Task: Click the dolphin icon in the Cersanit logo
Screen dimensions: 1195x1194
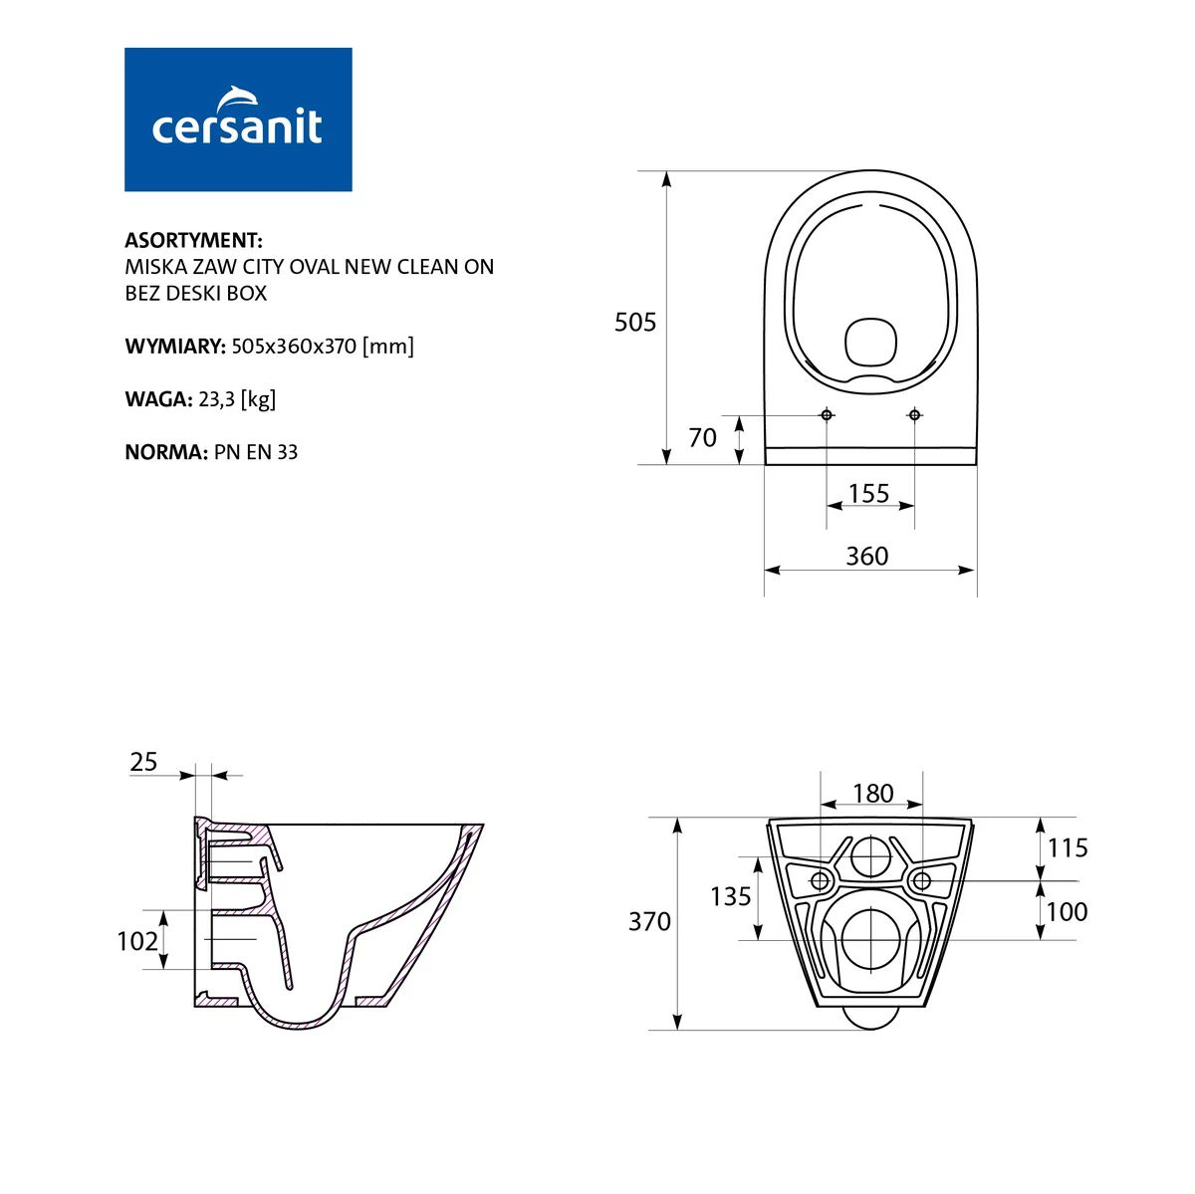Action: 238,99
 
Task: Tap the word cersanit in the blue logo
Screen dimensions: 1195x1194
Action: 237,127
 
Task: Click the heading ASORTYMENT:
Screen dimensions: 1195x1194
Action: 193,240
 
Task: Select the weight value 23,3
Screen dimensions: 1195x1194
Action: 216,398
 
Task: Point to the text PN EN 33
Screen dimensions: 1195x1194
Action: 256,452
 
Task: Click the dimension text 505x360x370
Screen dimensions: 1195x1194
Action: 294,347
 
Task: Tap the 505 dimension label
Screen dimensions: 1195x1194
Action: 635,323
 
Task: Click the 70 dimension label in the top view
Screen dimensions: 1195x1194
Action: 703,438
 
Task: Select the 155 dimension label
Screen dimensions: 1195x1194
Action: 868,494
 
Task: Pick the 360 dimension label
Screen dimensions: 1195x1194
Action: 867,557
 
